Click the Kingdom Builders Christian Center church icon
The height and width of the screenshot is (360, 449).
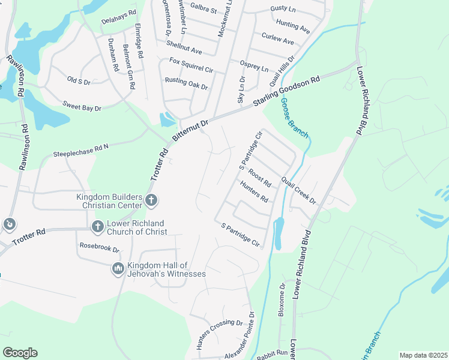151,201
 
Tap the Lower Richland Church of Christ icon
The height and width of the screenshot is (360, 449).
97,227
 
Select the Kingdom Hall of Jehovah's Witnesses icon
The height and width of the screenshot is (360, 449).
117,269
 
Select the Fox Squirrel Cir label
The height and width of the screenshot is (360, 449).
191,65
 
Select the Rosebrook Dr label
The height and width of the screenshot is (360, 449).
100,247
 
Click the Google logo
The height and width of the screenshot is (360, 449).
20,353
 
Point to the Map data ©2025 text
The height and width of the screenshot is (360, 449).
423,355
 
